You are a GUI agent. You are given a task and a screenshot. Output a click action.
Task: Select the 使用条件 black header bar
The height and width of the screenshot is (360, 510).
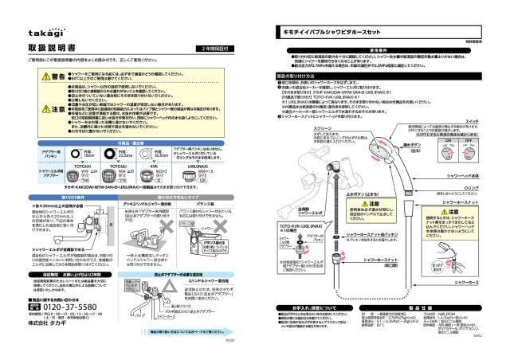[379, 49]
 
